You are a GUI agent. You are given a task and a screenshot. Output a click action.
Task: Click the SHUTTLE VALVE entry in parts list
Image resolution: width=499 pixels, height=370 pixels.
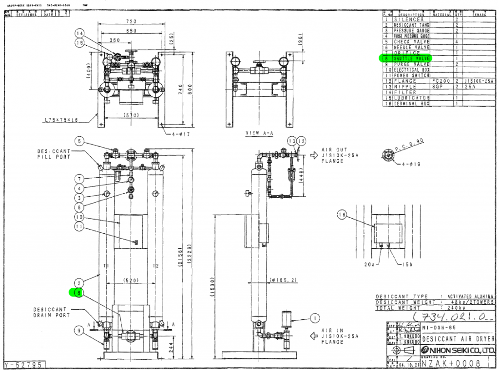(x=411, y=58)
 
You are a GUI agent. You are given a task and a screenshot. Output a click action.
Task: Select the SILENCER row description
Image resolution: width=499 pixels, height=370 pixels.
(x=411, y=19)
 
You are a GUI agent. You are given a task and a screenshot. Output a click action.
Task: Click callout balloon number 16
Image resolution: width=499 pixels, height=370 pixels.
(x=342, y=214)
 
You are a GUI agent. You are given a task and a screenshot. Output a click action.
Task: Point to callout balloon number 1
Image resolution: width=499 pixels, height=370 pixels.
(x=315, y=318)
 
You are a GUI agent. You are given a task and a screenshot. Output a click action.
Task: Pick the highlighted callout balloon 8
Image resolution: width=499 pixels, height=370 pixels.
(x=78, y=293)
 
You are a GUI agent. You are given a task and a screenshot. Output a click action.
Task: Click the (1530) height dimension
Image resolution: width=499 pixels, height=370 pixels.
(x=210, y=289)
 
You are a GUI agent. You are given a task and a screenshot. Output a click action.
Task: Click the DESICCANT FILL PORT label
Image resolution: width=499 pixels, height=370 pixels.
(x=54, y=154)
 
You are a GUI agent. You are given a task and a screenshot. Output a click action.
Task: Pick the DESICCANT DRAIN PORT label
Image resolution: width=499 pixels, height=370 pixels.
(x=52, y=312)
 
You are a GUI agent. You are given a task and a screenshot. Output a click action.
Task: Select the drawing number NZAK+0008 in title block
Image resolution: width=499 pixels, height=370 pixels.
(x=454, y=363)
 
